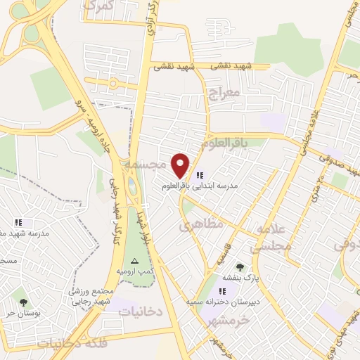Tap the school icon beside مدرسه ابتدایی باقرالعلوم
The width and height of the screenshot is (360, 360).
click(200, 175)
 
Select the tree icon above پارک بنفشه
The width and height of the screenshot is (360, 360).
click(240, 267)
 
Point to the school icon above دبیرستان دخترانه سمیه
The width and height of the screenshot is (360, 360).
click(221, 291)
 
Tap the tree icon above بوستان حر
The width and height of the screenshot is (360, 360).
click(23, 302)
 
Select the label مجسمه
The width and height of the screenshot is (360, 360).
click(145, 163)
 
